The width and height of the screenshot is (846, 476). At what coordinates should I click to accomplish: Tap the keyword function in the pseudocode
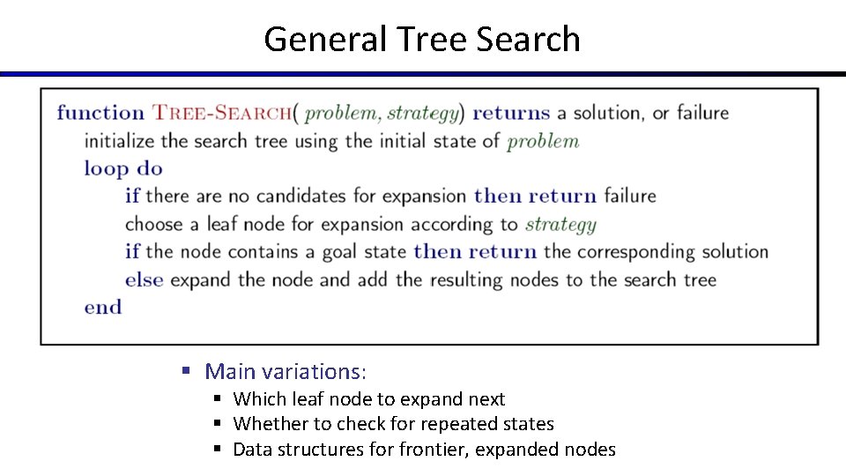pos(100,113)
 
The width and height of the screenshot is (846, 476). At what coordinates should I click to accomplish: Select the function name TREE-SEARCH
pos(222,113)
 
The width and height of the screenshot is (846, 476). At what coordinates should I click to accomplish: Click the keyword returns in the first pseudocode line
pos(511,113)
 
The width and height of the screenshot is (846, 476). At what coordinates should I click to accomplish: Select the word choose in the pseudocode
pos(152,224)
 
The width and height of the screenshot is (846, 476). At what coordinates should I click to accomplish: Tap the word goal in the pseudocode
pos(340,251)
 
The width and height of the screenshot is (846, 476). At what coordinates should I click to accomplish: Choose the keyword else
pos(144,279)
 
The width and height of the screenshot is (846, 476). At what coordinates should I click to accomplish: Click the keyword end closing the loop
pos(102,307)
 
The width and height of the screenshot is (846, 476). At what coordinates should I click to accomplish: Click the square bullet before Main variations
pos(186,371)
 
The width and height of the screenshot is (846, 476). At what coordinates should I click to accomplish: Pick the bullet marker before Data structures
pos(218,450)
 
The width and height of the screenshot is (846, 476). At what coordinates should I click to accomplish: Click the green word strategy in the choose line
pos(560,224)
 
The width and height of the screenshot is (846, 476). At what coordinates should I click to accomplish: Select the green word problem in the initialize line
pos(543,141)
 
